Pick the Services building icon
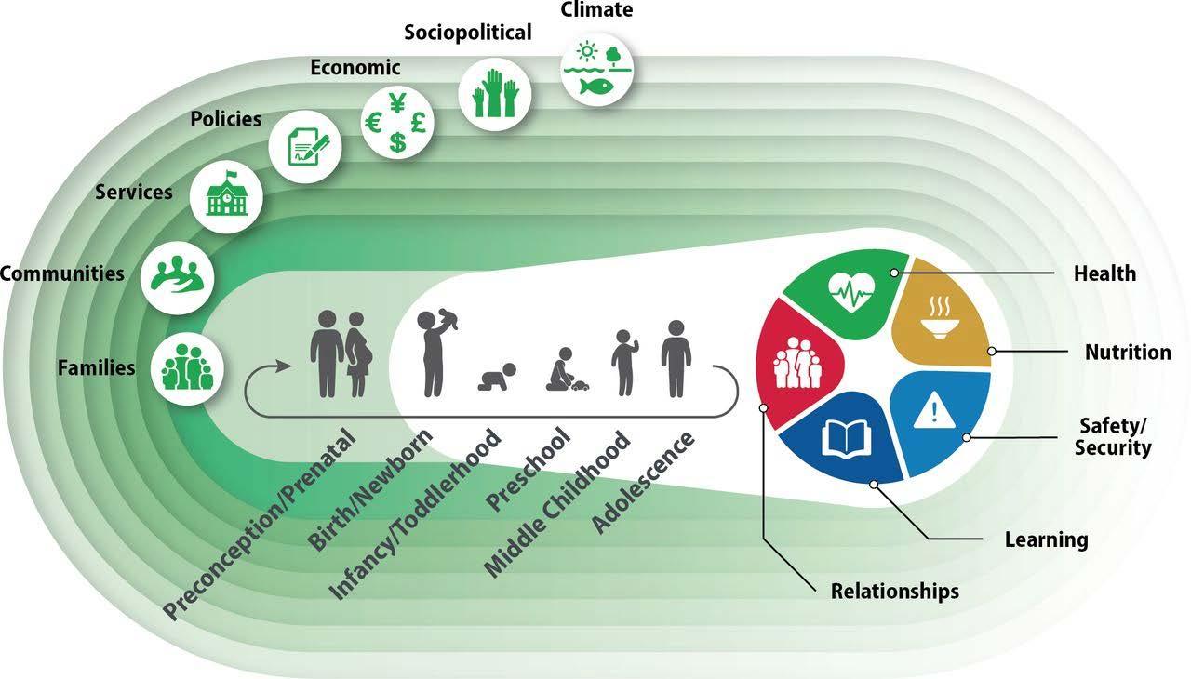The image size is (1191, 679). click(x=226, y=197)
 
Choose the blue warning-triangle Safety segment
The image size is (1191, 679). click(x=930, y=419)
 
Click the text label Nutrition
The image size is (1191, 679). click(x=1127, y=353)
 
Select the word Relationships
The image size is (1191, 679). click(x=894, y=591)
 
